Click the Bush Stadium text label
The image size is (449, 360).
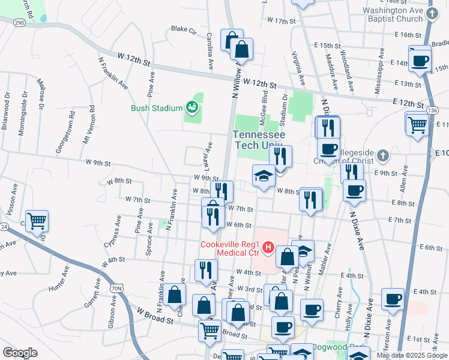point(157,109)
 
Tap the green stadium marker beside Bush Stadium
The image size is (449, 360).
point(191,107)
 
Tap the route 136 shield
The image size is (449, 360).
point(432,110)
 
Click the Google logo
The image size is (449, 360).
point(20,352)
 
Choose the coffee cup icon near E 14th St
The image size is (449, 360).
point(420,60)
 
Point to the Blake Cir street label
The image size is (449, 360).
point(184,28)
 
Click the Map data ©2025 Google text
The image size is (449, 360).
point(411,355)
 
